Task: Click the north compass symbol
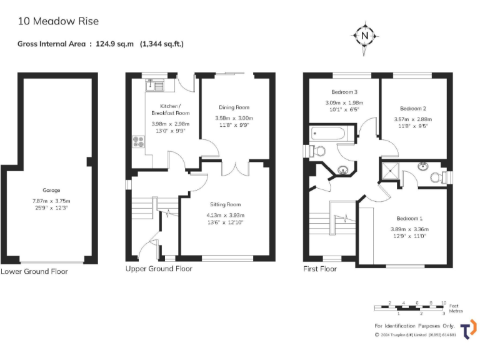pyautogui.click(x=365, y=36)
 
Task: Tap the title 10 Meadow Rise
pyautogui.click(x=58, y=21)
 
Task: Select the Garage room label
pyautogui.click(x=51, y=190)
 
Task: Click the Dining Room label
pyautogui.click(x=234, y=107)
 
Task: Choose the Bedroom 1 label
pyautogui.click(x=409, y=218)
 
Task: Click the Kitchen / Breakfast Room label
pyautogui.click(x=170, y=109)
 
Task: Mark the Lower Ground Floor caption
pyautogui.click(x=34, y=271)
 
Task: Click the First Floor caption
pyautogui.click(x=320, y=269)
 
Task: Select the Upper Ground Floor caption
pyautogui.click(x=159, y=269)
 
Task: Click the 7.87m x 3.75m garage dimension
pyautogui.click(x=51, y=201)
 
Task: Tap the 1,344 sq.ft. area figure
pyautogui.click(x=162, y=44)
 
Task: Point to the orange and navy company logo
pyautogui.click(x=468, y=329)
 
